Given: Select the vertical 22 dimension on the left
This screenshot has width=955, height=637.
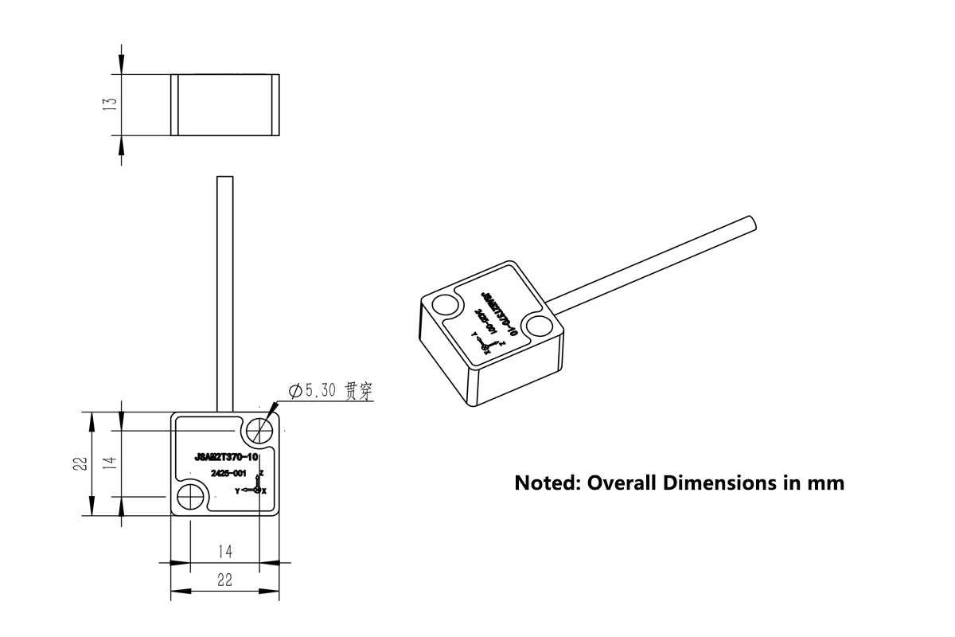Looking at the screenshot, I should coord(80,464).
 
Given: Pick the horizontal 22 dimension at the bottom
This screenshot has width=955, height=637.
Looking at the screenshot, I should coord(224,580).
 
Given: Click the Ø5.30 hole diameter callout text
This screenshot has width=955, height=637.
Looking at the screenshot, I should coord(314,391).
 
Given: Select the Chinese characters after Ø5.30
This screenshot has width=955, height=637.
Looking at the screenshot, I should coord(359,391).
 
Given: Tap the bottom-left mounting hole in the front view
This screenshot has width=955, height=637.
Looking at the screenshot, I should coord(191,498).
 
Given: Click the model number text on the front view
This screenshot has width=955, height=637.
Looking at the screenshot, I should coord(226,457).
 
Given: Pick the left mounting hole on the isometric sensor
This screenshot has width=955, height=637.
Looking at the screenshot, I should coord(446,306).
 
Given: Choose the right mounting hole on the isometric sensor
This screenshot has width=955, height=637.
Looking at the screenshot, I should coord(540,326).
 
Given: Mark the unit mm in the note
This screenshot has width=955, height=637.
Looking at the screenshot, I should coord(825,483).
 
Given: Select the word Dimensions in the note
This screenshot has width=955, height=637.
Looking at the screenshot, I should coord(717,483).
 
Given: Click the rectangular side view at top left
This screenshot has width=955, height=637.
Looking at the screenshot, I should coord(225,104).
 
